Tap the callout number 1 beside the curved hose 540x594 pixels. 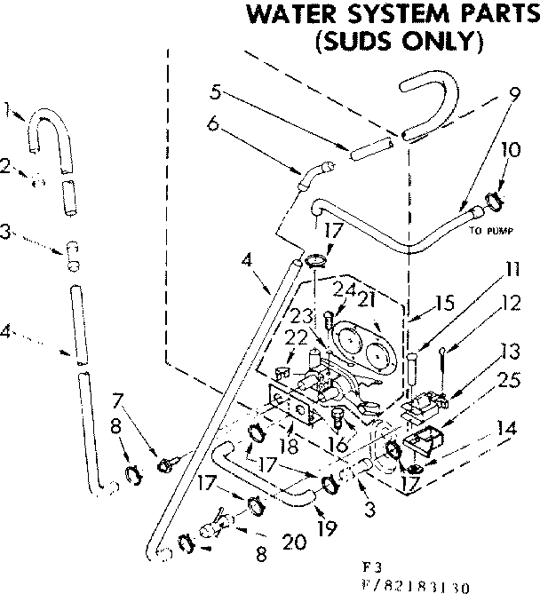coord(8,111)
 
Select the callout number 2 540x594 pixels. coord(6,165)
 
